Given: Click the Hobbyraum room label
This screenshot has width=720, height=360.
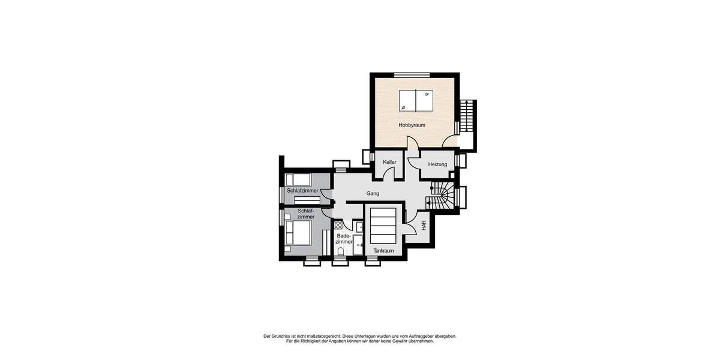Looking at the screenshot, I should [412, 125].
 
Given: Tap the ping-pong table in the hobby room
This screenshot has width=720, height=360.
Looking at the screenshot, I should [416, 101].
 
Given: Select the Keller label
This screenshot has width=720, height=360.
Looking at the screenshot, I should [390, 162].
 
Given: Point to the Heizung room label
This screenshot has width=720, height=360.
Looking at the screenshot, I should [437, 164].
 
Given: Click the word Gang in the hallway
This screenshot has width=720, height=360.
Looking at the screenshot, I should [373, 193].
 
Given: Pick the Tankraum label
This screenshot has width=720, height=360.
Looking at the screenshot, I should [383, 251].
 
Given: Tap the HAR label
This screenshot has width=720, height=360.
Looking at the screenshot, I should [424, 226].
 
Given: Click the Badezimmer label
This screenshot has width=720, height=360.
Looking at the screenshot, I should [344, 239].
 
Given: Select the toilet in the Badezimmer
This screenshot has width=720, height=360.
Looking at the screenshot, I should [341, 251].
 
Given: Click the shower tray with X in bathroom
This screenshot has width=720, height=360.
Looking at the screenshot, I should [338, 226].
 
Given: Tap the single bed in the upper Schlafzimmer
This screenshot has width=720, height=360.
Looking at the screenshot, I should [298, 179].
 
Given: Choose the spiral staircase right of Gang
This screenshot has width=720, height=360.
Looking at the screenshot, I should [443, 196].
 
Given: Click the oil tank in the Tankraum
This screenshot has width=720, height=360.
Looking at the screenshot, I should [383, 225].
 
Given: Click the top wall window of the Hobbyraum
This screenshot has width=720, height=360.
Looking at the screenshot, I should [412, 75].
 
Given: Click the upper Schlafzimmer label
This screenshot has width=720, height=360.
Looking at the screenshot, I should [302, 191].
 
